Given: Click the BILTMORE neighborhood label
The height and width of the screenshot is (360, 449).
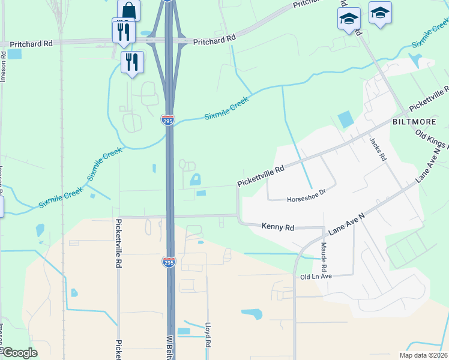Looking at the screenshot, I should (x=413, y=121).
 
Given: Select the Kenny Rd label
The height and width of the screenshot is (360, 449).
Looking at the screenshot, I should (x=278, y=227).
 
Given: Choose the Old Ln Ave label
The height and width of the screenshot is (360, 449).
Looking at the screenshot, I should (x=316, y=277).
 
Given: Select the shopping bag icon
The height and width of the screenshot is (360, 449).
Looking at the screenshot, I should (x=129, y=10).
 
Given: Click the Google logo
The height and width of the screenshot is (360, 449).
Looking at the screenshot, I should (x=19, y=353).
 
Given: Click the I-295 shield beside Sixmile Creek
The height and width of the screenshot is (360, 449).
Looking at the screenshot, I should (x=168, y=120).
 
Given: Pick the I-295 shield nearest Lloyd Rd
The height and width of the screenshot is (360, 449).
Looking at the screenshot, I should (x=169, y=262).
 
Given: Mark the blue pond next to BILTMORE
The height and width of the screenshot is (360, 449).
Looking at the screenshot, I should (x=346, y=119).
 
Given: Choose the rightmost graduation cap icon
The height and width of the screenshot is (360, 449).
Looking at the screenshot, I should (x=380, y=13).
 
